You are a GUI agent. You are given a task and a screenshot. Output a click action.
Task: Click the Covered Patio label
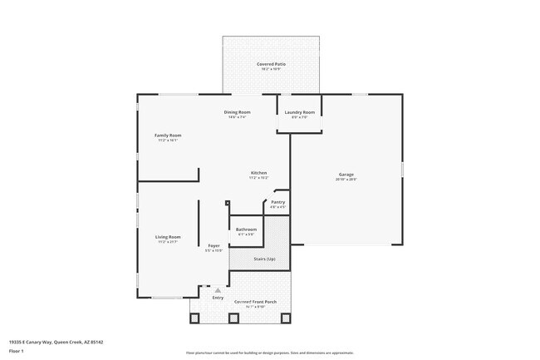click(270, 64)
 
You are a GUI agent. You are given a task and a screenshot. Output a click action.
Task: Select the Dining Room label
click(238, 112)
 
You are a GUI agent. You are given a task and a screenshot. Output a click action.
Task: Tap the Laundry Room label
click(299, 112)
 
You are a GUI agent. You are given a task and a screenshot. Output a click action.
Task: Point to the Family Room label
click(168, 136)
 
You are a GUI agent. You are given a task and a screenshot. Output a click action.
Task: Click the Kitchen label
click(258, 173)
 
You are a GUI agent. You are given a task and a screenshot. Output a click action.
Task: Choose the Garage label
click(346, 174)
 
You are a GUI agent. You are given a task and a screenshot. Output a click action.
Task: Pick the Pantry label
click(277, 202)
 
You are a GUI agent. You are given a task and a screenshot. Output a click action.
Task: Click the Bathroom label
click(246, 229)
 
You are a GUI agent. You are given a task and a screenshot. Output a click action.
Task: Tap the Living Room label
click(168, 237)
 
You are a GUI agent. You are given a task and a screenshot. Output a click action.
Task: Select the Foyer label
click(214, 245)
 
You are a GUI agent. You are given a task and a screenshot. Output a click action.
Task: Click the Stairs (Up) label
click(264, 259)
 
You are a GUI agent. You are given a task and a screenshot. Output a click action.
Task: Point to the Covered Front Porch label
click(255, 302)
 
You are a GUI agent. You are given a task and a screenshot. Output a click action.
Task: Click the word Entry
click(218, 298)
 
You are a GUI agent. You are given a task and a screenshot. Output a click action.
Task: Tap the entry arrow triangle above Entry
click(218, 289)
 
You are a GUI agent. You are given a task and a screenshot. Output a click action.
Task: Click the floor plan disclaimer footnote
click(269, 353)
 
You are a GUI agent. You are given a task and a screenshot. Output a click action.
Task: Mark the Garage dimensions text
click(346, 180)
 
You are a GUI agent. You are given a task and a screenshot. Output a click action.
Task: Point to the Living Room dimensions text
click(168, 242)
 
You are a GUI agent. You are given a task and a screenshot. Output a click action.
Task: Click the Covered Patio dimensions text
click(270, 69)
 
